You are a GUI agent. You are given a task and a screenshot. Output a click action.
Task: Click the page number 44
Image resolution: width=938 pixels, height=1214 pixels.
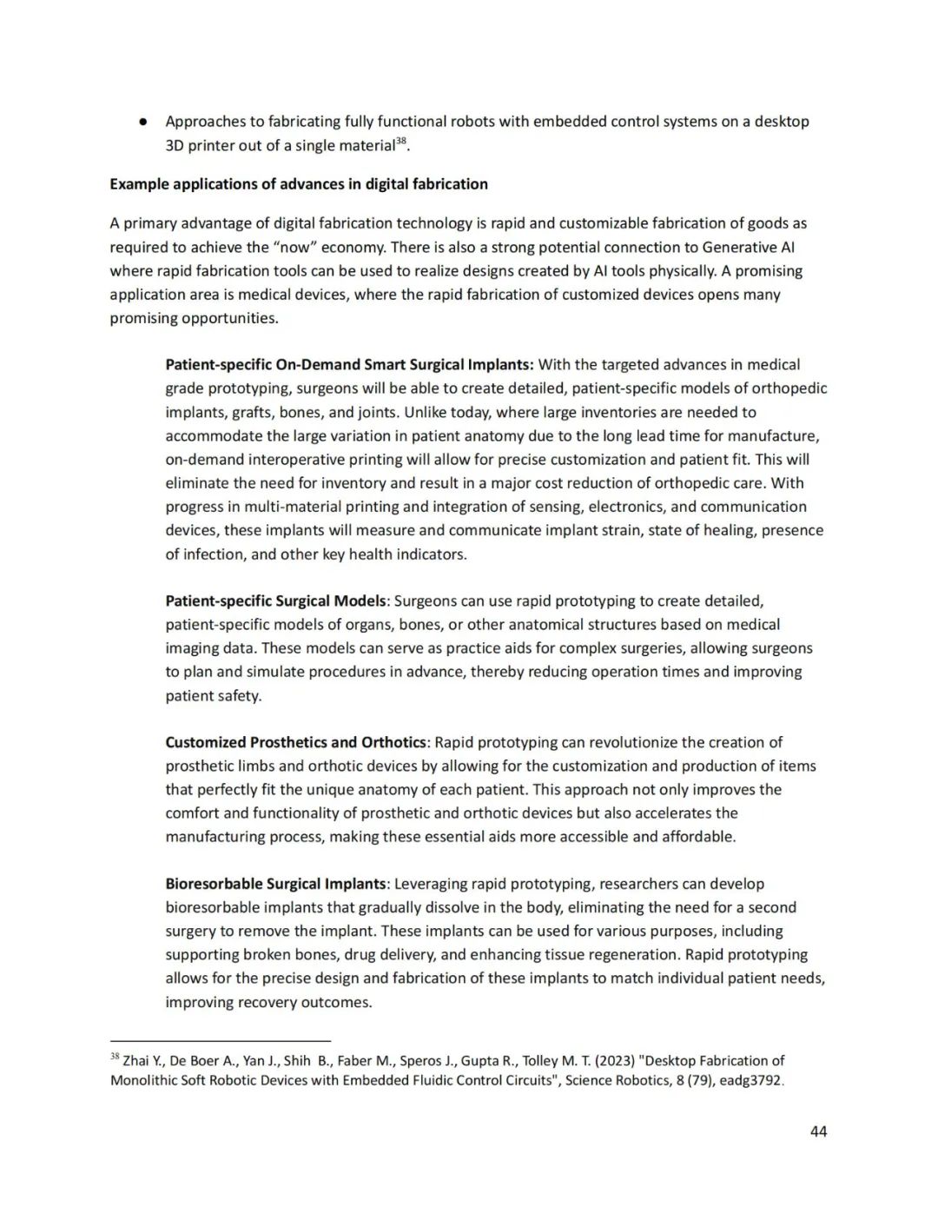(x=817, y=1131)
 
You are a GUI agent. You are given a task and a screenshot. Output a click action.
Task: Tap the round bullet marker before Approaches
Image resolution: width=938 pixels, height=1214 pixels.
(x=142, y=122)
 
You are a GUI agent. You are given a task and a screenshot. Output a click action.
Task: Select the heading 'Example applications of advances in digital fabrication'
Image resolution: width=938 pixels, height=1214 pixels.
(x=299, y=184)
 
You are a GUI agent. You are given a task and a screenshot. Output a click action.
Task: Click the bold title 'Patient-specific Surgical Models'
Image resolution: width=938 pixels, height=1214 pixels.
(x=275, y=600)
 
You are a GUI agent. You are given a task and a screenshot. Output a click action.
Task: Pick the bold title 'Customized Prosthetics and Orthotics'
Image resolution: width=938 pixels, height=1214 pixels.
(x=295, y=742)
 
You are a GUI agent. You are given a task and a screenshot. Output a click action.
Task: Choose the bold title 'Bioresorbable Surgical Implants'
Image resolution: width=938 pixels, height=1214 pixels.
(x=275, y=884)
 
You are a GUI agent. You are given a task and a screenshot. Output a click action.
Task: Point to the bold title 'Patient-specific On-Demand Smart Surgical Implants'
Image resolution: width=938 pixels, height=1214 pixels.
(x=349, y=365)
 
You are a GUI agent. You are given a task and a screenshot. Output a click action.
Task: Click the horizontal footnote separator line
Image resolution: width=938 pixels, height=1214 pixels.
(x=221, y=1040)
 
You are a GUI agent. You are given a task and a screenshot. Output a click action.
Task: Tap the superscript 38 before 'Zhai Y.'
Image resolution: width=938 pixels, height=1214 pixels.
(x=115, y=1057)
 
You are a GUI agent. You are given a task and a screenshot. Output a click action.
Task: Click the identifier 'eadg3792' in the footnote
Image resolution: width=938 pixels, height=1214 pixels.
(x=751, y=1081)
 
